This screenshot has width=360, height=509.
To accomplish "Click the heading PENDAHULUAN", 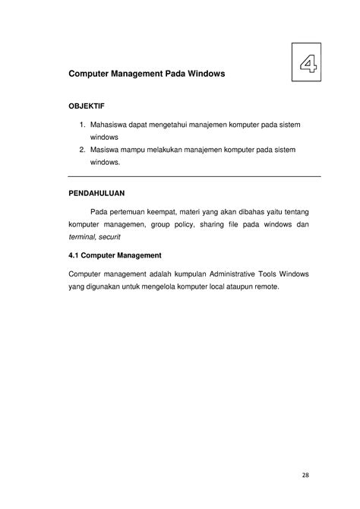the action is point(102,194).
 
